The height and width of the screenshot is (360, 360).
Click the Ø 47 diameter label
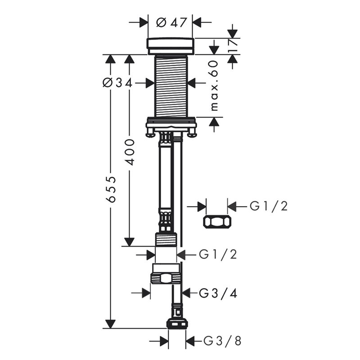point(171,22)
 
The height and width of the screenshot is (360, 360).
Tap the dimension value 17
point(233,46)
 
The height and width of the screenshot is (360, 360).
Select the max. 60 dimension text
point(214,85)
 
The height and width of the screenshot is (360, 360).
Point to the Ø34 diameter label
point(117,83)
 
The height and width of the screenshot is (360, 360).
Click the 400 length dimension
point(130,152)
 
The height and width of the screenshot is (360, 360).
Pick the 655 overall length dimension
point(112,189)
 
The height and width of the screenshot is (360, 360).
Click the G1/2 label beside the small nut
point(269,206)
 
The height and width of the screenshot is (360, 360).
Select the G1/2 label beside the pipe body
point(218,254)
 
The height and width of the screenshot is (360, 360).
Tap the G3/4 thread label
point(218,293)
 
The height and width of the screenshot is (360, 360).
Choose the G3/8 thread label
point(222,341)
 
